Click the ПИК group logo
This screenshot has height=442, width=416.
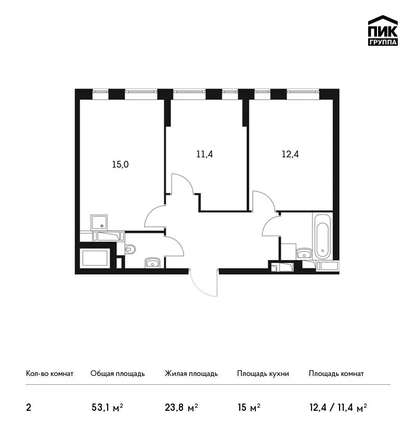pyautogui.click(x=383, y=31)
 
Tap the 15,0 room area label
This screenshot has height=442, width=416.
pyautogui.click(x=120, y=164)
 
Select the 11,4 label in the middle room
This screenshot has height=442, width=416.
pyautogui.click(x=204, y=154)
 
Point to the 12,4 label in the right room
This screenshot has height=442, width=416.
pyautogui.click(x=290, y=154)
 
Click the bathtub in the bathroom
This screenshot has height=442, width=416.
pyautogui.click(x=322, y=236)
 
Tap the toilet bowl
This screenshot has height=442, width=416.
pyautogui.click(x=129, y=249)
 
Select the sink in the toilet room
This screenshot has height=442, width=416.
pyautogui.click(x=152, y=263)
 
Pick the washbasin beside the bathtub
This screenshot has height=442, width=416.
pyautogui.click(x=304, y=253)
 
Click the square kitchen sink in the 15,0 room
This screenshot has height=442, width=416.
pyautogui.click(x=99, y=223)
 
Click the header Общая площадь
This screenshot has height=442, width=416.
pyautogui.click(x=118, y=374)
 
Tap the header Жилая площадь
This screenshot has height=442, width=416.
pyautogui.click(x=191, y=374)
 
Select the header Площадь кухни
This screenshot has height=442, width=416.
pyautogui.click(x=263, y=374)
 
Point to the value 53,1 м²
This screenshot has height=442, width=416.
pyautogui.click(x=108, y=407)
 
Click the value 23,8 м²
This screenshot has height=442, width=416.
pyautogui.click(x=181, y=407)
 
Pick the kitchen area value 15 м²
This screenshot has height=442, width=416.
pyautogui.click(x=249, y=407)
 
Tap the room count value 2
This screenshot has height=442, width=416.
pyautogui.click(x=29, y=408)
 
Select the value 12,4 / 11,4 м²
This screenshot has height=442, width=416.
pyautogui.click(x=338, y=407)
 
